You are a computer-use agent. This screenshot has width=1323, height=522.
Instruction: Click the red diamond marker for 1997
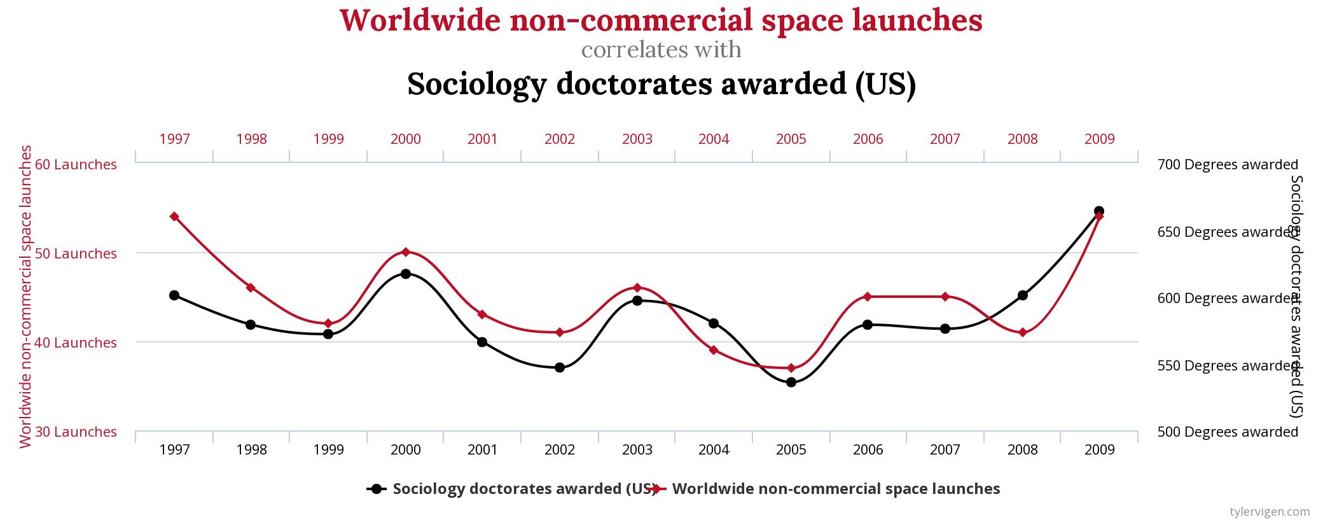click(x=174, y=216)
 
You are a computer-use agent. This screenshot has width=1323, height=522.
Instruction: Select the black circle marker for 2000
click(x=406, y=274)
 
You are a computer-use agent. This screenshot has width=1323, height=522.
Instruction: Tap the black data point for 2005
click(x=791, y=383)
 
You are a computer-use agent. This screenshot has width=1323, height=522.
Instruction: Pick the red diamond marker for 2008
click(x=1023, y=332)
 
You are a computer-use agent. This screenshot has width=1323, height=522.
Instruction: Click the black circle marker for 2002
click(x=560, y=367)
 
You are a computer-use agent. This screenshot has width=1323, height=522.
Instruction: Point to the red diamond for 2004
click(x=714, y=350)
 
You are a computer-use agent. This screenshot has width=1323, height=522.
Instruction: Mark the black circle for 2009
click(x=1099, y=211)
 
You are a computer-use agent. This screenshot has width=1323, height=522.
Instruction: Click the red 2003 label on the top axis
click(x=637, y=139)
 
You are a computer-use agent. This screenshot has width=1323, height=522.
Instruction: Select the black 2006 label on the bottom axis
click(x=868, y=450)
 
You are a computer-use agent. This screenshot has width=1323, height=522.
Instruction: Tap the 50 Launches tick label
click(x=76, y=253)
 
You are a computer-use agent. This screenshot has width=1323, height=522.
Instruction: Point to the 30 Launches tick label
click(x=76, y=432)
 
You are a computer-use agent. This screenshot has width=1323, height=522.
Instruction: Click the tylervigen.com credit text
click(x=1270, y=511)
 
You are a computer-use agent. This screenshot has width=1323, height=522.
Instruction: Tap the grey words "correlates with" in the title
click(x=661, y=50)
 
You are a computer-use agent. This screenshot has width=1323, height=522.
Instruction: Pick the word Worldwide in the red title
click(x=420, y=20)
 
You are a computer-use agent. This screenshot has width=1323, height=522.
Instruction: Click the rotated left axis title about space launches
click(x=25, y=297)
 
